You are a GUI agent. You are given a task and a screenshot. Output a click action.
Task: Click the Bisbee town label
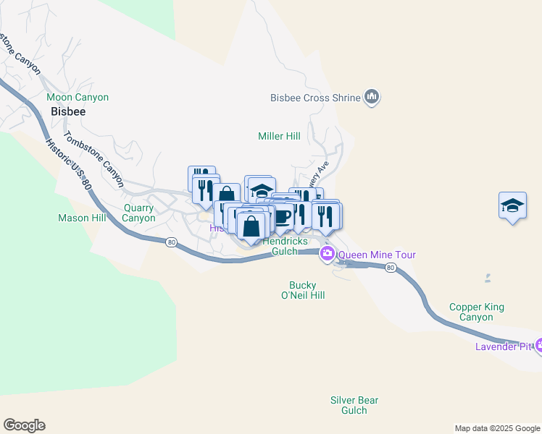pos(68,112)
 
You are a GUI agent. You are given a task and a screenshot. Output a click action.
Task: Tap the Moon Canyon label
pos(78,97)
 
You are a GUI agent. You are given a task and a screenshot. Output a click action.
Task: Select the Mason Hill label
pos(82,218)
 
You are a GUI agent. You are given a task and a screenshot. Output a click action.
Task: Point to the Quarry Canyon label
pos(138,213)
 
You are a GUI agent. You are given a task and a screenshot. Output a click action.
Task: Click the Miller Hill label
pos(279,136)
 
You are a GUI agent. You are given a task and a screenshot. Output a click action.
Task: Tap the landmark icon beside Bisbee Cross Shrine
pos(372,97)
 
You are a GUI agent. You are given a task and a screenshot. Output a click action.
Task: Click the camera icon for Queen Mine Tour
pos(328,253)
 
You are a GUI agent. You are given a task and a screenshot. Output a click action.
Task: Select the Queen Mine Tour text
pos(377,255)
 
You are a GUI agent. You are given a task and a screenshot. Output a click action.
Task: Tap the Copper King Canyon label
pos(476,312)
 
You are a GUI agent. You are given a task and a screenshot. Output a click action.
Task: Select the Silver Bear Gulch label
pos(354,405)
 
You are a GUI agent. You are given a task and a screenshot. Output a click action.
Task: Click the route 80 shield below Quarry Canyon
pos(170,242)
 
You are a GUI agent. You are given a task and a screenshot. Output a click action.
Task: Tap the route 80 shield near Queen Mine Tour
pos(391,268)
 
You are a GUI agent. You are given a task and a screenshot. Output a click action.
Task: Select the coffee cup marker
pos(282,216)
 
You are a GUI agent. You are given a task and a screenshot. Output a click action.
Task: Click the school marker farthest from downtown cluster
pos(512,206)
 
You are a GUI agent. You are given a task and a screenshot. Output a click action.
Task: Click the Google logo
pos(24,425)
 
